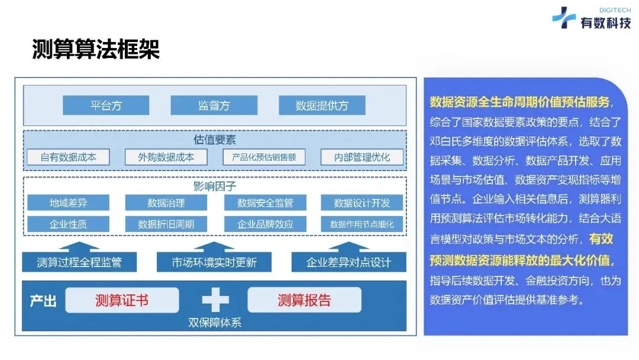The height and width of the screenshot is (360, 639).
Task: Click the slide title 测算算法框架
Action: [x=95, y=50]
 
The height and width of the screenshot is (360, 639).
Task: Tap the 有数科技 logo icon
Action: [x=563, y=18]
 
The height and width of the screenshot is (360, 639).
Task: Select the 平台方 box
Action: [x=106, y=105]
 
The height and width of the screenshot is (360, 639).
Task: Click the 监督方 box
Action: [x=214, y=105]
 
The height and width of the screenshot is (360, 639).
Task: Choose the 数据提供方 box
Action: [x=322, y=105]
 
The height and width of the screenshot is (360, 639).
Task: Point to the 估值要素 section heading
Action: [x=214, y=140]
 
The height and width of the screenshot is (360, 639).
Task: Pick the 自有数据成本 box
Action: [x=68, y=157]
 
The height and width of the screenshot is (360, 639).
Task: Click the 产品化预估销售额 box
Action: [x=264, y=157]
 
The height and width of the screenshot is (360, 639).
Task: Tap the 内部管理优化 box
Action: [x=362, y=157]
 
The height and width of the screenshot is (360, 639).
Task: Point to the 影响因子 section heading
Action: [x=214, y=187]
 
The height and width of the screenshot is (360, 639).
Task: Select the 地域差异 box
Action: [x=68, y=203]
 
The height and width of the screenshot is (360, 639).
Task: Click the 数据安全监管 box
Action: [x=264, y=203]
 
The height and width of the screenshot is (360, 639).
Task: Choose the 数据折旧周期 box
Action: [x=166, y=224]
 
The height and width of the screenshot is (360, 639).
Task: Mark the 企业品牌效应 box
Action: [x=264, y=224]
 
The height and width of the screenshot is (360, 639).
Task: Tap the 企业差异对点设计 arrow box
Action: [x=348, y=261]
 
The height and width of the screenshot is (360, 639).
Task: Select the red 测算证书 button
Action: [x=122, y=300]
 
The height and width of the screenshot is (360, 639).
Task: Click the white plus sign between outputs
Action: [x=215, y=300]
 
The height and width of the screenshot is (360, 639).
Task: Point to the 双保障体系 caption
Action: [x=214, y=323]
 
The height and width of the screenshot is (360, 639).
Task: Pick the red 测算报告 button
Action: [x=304, y=300]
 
